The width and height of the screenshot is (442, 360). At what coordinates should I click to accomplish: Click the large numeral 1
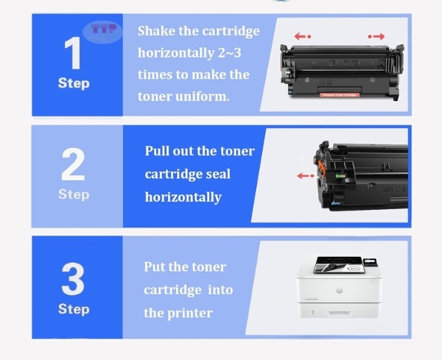point(73,52)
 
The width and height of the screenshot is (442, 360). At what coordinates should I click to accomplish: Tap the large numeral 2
point(73,165)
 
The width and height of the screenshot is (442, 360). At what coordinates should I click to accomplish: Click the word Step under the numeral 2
point(73,194)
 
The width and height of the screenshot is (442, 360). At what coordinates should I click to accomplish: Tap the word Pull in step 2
point(158,152)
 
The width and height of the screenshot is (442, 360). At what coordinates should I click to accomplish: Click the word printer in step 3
point(191,313)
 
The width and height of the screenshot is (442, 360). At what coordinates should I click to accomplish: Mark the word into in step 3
point(221,289)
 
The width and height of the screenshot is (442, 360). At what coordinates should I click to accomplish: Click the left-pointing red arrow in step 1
point(303,35)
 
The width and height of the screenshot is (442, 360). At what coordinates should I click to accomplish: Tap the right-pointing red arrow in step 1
point(376,35)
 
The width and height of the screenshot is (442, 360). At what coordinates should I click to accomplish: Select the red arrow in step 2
point(304,175)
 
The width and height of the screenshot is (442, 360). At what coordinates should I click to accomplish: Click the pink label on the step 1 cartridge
point(340,93)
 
